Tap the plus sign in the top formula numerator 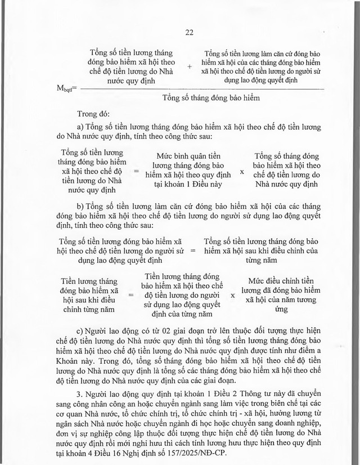pyautogui.click(x=190, y=66)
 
